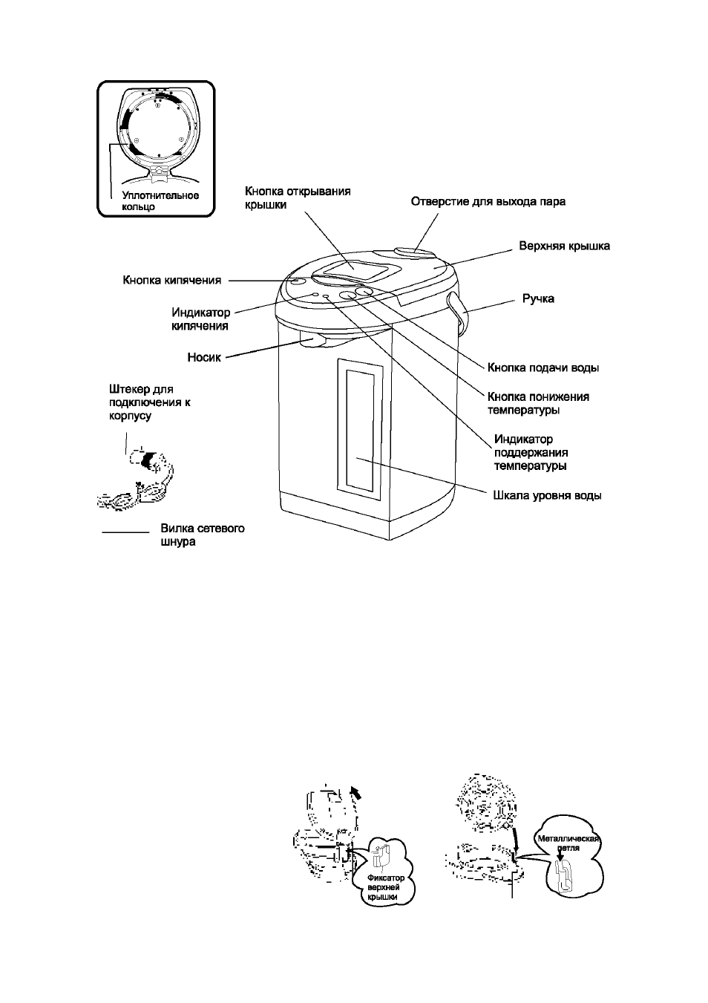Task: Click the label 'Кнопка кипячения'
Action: click(x=172, y=281)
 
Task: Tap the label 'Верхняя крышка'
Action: click(x=564, y=246)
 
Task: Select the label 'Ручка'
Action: click(x=538, y=298)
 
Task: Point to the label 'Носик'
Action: click(x=204, y=357)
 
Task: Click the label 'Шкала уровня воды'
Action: click(x=547, y=496)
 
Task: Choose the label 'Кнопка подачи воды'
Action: click(x=543, y=367)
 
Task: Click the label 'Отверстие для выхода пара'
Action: click(x=488, y=201)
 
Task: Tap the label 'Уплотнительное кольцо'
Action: click(x=160, y=201)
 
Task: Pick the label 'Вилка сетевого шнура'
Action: click(x=203, y=535)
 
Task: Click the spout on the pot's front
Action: click(x=312, y=339)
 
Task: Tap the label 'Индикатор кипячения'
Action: click(x=200, y=318)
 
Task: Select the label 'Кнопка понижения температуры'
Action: click(x=538, y=403)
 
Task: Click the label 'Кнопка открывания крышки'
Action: click(x=298, y=198)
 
